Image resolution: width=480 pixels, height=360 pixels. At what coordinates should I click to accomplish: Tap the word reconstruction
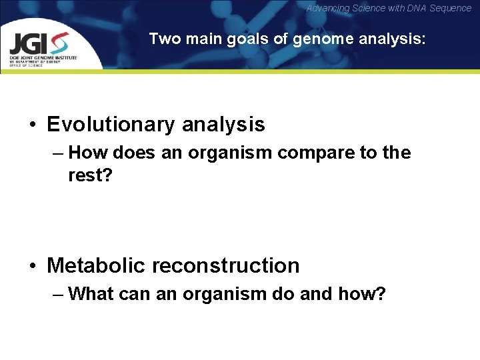click(x=226, y=265)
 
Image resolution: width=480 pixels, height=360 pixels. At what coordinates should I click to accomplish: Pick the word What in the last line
click(x=90, y=293)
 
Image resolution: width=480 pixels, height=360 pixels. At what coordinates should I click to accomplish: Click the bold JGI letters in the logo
click(x=28, y=44)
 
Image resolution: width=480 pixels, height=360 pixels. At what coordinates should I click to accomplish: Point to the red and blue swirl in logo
click(x=59, y=43)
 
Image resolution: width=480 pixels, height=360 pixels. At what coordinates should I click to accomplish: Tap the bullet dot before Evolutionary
click(x=32, y=125)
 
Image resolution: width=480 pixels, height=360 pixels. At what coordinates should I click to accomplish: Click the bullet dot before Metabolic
click(x=32, y=266)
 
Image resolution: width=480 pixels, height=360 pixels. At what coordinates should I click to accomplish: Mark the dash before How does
click(x=57, y=153)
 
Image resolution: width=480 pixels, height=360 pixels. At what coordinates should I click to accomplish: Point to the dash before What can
click(x=57, y=294)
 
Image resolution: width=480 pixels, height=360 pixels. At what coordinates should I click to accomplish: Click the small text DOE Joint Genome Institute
click(x=43, y=58)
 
